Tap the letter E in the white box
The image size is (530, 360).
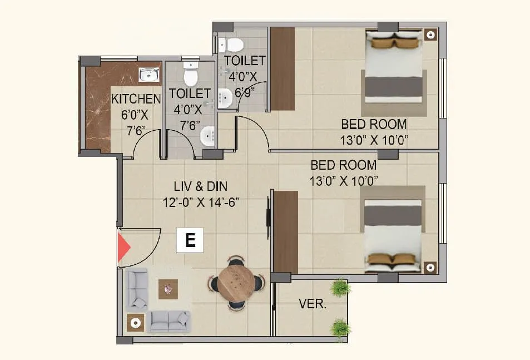[x=190, y=240]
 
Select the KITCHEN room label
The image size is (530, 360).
[x=136, y=99]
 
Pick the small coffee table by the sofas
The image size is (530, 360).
[x=168, y=288]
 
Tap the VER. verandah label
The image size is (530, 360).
[x=313, y=304]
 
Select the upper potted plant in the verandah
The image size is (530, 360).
[x=340, y=288]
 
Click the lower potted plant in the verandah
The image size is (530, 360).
[x=340, y=328]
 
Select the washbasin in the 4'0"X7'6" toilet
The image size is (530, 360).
[x=207, y=135]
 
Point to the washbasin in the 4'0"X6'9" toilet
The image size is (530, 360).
[x=225, y=98]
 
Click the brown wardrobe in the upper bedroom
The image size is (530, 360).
[x=282, y=68]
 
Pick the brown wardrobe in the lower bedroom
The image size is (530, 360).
[x=286, y=231]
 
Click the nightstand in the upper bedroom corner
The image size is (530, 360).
[x=430, y=34]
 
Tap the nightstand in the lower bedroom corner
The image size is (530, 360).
[x=430, y=267]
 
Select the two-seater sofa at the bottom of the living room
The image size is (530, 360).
[x=170, y=321]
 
